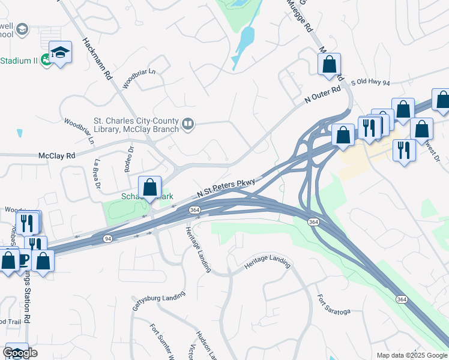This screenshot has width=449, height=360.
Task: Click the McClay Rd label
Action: tap(57, 155)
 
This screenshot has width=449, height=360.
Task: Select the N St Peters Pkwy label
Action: tap(226, 188)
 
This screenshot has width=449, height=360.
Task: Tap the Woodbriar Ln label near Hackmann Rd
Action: tap(139, 79)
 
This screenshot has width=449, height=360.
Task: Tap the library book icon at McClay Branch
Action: tap(188, 124)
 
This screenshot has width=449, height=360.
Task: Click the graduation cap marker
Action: tap(60, 52)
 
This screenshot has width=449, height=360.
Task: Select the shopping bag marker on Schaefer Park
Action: tap(149, 187)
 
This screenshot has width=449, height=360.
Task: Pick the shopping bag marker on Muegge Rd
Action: tap(329, 63)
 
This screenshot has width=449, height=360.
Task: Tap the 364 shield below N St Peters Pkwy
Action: tap(194, 210)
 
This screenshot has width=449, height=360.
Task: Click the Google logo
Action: tap(20, 353)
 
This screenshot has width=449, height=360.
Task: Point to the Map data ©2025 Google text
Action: tap(412, 355)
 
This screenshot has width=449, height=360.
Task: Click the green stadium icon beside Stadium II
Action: tap(47, 61)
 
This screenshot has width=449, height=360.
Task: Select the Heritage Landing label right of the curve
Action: tap(268, 262)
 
